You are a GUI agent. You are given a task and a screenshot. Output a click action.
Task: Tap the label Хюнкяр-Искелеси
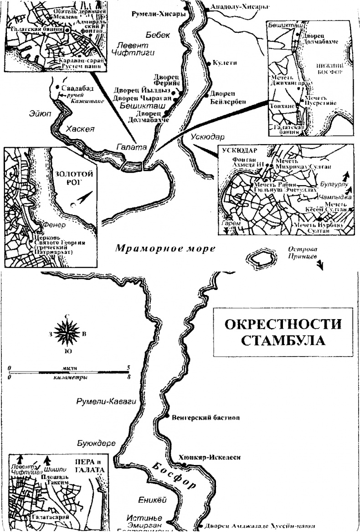210,457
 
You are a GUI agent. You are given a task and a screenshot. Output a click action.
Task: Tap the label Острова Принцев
302,253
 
